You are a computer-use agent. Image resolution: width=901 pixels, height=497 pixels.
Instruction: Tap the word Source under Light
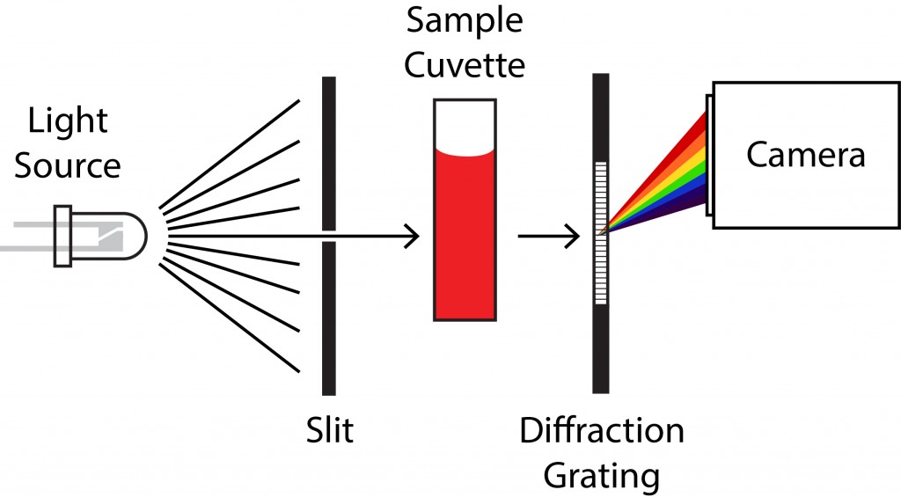click(x=68, y=164)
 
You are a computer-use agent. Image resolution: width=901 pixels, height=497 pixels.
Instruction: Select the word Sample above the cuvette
click(x=465, y=20)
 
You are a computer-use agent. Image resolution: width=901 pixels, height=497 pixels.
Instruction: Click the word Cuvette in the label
click(x=465, y=65)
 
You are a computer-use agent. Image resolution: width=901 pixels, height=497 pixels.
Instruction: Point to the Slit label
click(x=328, y=431)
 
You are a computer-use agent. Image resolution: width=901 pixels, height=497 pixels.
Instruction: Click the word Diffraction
click(x=602, y=431)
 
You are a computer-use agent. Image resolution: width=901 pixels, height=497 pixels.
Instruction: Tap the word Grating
click(x=602, y=475)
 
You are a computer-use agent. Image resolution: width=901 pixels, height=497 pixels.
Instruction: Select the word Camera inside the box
click(x=805, y=155)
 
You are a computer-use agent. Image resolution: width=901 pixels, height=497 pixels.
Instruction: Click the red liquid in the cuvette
click(x=465, y=238)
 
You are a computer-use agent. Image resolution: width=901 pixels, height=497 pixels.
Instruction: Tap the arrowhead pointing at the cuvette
click(x=409, y=236)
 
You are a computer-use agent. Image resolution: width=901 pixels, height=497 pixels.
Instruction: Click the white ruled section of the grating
click(x=602, y=233)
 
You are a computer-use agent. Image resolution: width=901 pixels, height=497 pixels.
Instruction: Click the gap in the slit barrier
click(x=328, y=236)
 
